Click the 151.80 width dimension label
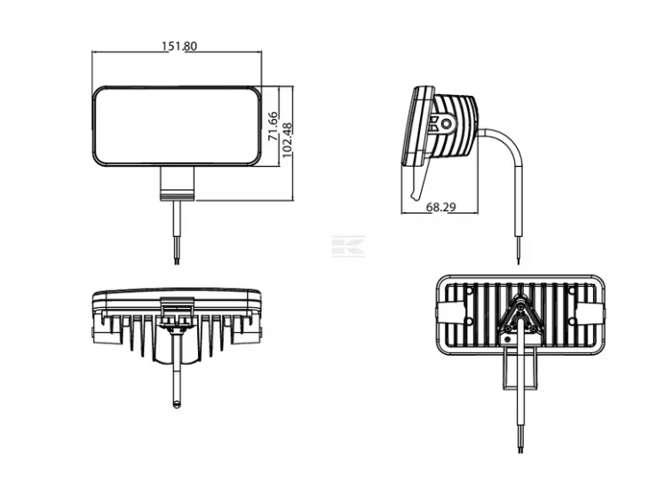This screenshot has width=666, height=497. tap(179, 46)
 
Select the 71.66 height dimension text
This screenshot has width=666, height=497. tap(273, 126)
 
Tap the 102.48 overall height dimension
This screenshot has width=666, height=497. tap(287, 140)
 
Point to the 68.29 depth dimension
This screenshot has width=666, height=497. tap(440, 207)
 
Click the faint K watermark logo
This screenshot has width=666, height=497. tap(348, 246)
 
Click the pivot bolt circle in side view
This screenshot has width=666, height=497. tap(447, 124)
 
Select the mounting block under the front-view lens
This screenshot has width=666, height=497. tap(177, 184)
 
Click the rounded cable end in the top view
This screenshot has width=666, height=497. tap(177, 403)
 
